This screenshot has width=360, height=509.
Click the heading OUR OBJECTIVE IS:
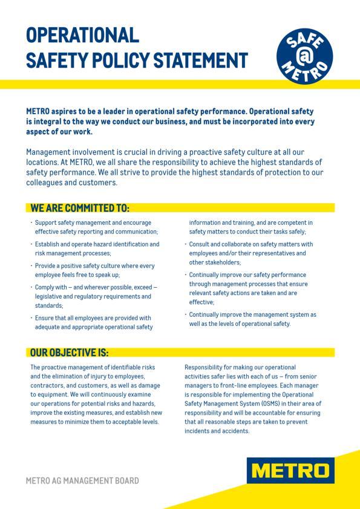click(70, 352)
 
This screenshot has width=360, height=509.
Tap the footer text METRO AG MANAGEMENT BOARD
click(82, 481)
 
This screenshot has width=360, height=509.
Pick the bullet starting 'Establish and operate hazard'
click(97, 249)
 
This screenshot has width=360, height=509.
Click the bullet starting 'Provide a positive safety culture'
click(94, 270)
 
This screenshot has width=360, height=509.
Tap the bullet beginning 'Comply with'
click(96, 296)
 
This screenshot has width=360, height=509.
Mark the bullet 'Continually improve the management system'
click(252, 319)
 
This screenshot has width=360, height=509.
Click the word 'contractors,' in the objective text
click(48, 385)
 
